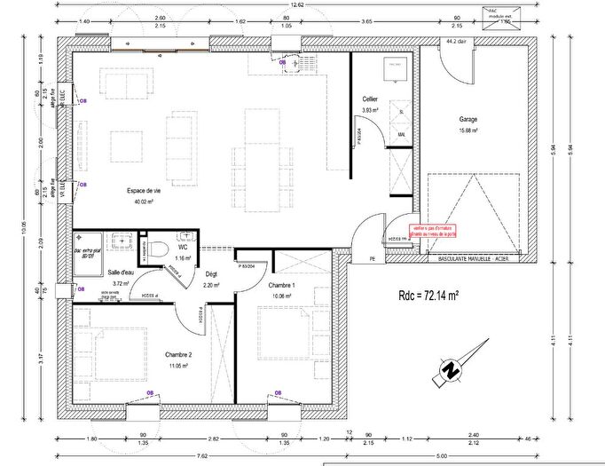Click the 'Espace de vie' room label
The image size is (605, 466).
(143, 191)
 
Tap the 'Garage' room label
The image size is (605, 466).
(468, 119)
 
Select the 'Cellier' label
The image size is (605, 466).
(371, 99)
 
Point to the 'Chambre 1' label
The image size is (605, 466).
(283, 284)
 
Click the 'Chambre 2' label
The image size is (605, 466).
(179, 354)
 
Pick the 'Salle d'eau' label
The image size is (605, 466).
(121, 272)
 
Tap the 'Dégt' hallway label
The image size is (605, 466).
(211, 274)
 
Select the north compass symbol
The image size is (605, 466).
(452, 369)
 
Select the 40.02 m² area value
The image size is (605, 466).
(143, 202)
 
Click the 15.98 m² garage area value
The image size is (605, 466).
(468, 130)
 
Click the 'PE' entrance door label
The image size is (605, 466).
(373, 258)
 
